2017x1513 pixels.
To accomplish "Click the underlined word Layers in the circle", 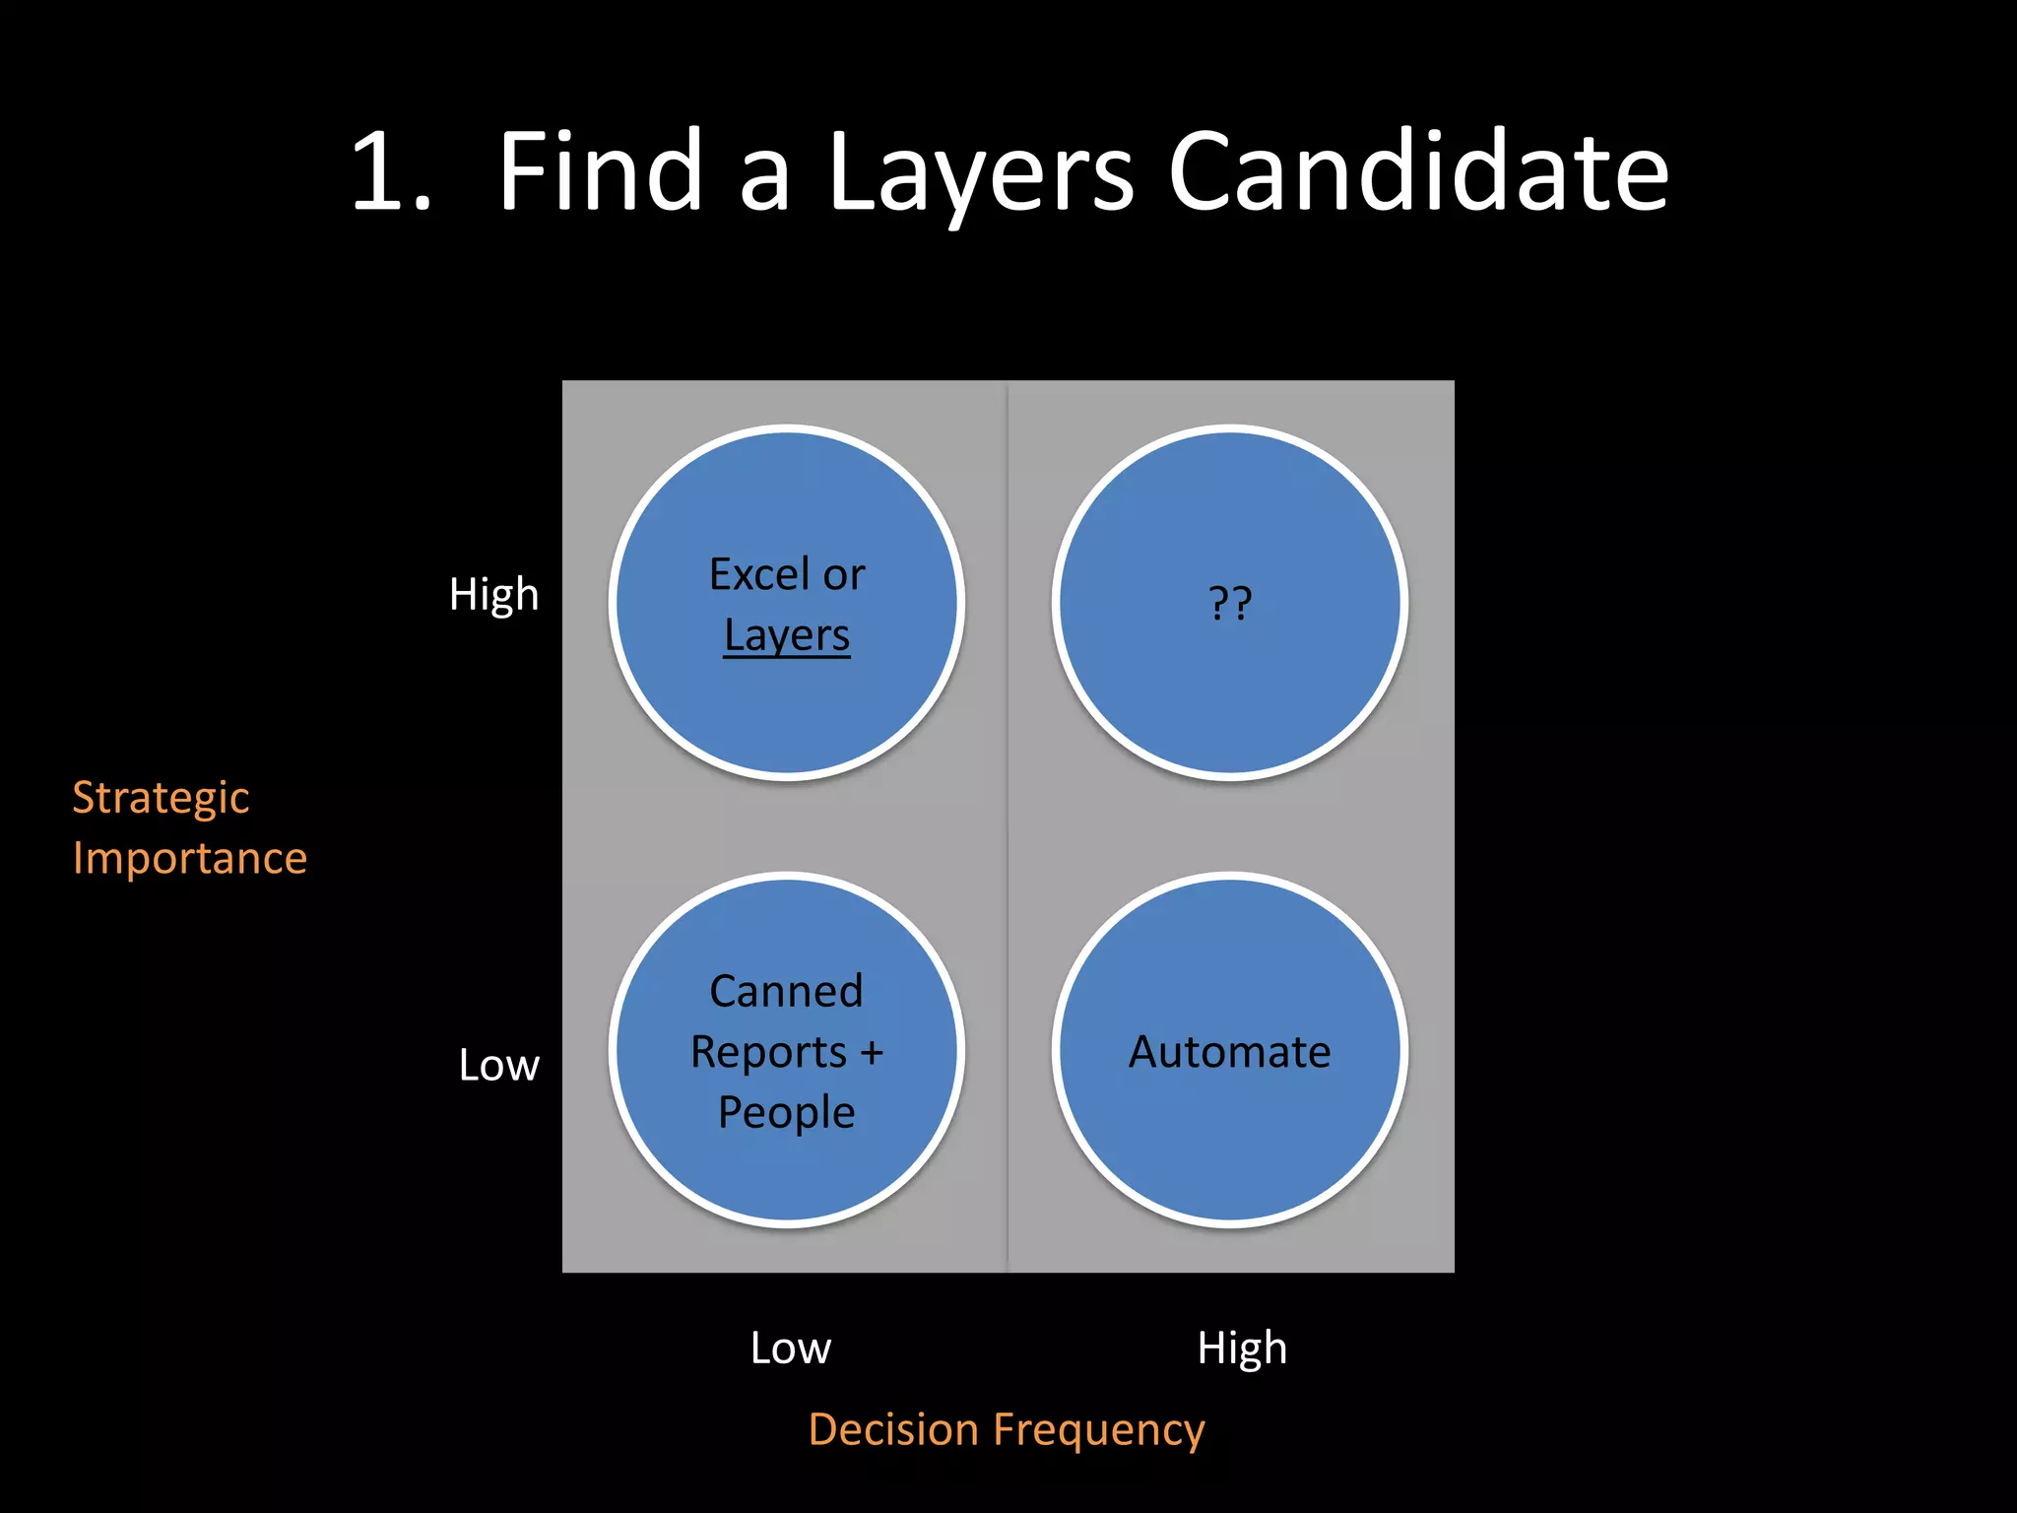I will click(x=787, y=636).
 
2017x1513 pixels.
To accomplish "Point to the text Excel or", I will click(x=787, y=574).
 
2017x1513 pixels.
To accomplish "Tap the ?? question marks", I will click(x=1230, y=603).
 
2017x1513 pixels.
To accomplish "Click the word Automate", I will click(x=1230, y=1052).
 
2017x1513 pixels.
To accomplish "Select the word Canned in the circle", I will click(x=787, y=991).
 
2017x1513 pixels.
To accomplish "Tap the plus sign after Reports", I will click(x=872, y=1052).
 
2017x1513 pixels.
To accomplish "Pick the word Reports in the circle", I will click(x=768, y=1053).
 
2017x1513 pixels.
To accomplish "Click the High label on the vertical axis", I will click(x=493, y=595).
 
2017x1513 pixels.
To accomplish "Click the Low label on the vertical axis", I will click(x=498, y=1066).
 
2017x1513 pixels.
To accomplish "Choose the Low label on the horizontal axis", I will click(x=790, y=1349).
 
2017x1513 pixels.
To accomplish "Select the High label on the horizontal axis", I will click(x=1242, y=1349).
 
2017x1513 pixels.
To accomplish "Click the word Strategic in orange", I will click(x=161, y=799).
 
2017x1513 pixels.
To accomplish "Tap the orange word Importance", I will click(x=190, y=859).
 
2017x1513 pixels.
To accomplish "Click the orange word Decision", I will click(x=893, y=1430).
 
